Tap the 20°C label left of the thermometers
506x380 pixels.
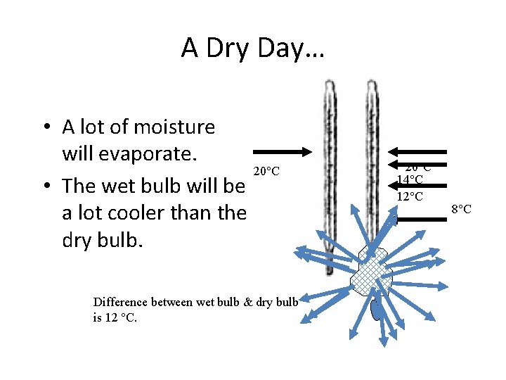tap(266, 171)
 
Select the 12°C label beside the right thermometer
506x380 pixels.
tap(410, 196)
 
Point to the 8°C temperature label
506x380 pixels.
tap(461, 209)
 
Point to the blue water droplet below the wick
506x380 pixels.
tap(377, 308)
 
